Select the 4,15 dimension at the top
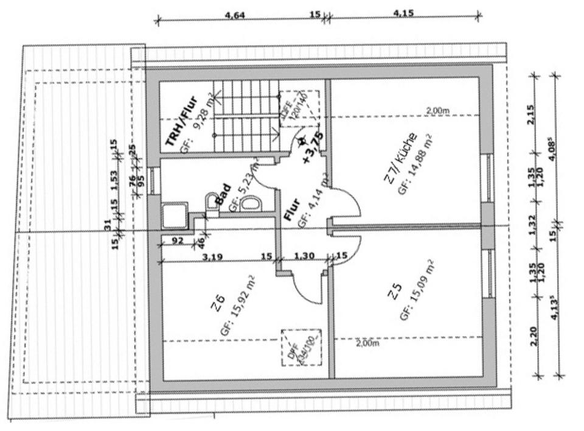pyautogui.click(x=403, y=12)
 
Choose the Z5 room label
pyautogui.click(x=395, y=294)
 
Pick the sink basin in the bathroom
pyautogui.click(x=249, y=204)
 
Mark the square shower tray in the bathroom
pyautogui.click(x=172, y=215)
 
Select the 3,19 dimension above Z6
pyautogui.click(x=212, y=256)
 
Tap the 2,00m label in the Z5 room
pyautogui.click(x=367, y=343)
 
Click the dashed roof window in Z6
pyautogui.click(x=301, y=347)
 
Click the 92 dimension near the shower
pyautogui.click(x=178, y=240)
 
